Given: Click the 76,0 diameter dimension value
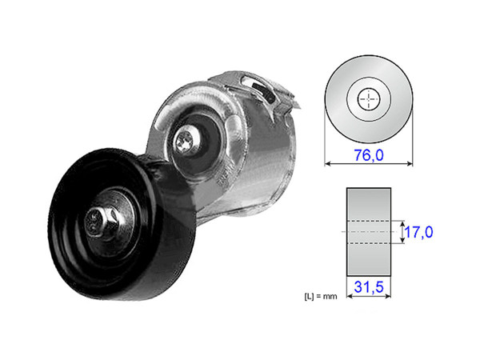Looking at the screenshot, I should (369, 154).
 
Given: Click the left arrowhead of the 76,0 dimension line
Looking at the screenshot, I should (327, 164).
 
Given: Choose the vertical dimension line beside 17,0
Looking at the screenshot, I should (399, 232).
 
